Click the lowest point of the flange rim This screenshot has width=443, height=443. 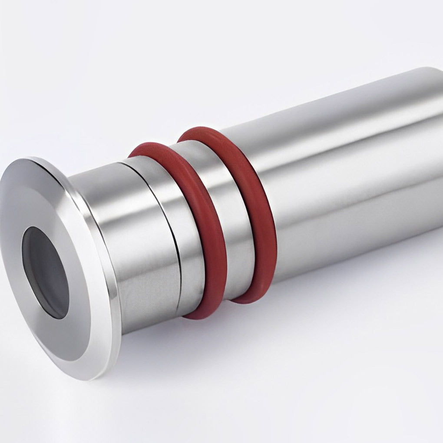87,377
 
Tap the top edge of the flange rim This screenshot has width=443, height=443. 39,159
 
